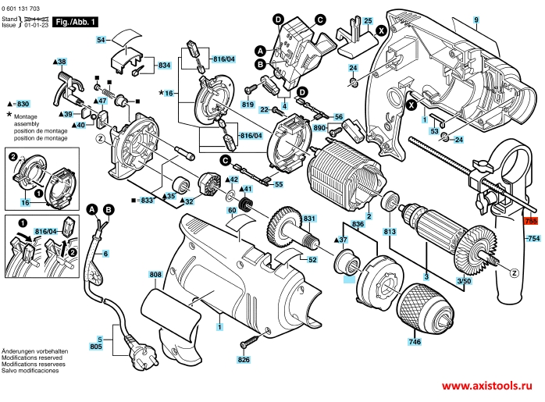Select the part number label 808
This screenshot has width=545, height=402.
click(155, 274)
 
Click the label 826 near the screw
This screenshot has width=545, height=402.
click(244, 360)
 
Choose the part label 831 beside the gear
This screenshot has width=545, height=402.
click(308, 218)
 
